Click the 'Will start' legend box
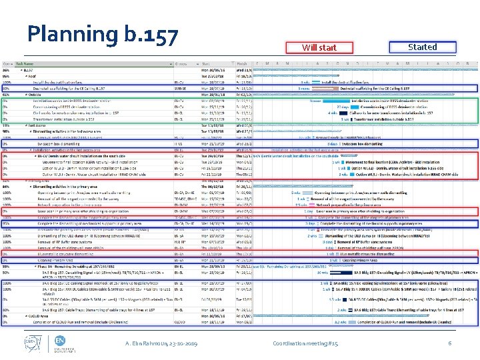[x=319, y=47]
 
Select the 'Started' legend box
[x=422, y=47]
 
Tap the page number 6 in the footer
[x=451, y=343]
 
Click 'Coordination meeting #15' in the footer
[x=306, y=343]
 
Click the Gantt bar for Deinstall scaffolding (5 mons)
[x=327, y=87]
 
